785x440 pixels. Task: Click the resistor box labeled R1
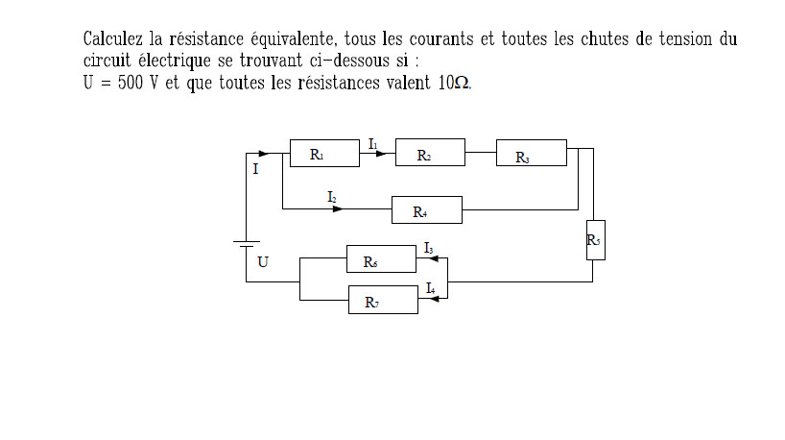coord(324,154)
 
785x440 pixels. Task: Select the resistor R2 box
coord(430,154)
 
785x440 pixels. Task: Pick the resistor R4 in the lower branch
coord(426,210)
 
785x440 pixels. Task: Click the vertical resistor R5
coord(595,240)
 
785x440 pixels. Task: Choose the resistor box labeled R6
coord(381,259)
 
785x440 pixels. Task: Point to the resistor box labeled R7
coord(382,300)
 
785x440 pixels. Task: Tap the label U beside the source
coord(263,261)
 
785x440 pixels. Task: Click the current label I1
coord(373,143)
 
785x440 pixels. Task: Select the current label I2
coord(332,197)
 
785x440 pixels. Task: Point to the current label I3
coord(429,248)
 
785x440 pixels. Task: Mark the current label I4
coord(430,288)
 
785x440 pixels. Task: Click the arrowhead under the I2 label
coord(337,208)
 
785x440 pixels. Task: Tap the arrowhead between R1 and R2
coord(380,152)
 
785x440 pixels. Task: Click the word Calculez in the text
coord(113,39)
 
